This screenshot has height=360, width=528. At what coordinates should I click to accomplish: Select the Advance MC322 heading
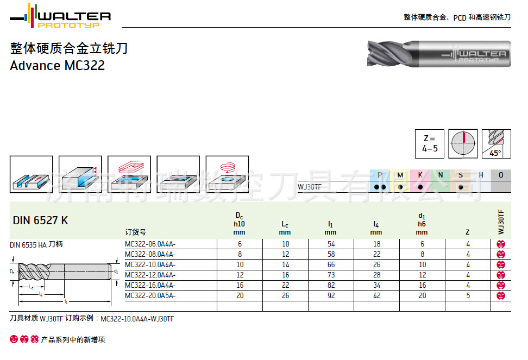click(57, 66)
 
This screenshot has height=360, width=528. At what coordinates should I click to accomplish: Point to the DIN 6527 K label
click(40, 220)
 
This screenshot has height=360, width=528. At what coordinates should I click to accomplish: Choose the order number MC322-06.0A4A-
click(150, 244)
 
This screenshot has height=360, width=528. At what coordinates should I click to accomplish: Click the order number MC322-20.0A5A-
click(150, 296)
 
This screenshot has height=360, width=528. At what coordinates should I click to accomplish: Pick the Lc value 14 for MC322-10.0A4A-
click(285, 265)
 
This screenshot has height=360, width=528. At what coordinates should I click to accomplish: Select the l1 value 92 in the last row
click(331, 296)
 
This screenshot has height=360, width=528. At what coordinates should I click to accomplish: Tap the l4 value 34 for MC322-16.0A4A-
click(376, 286)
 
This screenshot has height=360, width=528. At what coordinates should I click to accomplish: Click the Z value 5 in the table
click(468, 296)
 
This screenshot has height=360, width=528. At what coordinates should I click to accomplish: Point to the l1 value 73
click(331, 275)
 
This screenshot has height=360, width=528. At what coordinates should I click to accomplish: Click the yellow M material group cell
click(400, 175)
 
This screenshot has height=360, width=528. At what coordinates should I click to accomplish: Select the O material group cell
click(500, 175)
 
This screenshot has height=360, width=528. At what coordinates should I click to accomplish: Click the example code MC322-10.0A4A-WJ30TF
click(137, 319)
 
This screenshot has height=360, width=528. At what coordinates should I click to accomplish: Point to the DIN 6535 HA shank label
click(36, 245)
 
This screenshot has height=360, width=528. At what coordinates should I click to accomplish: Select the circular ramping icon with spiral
click(227, 174)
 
